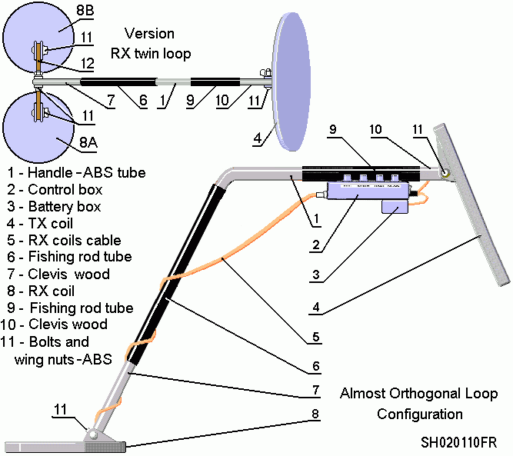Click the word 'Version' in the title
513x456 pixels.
(149, 34)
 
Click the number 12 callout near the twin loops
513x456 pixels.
(88, 62)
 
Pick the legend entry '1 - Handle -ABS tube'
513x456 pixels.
(75, 172)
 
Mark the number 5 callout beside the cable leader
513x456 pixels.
(318, 337)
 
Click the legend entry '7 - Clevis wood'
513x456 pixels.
(58, 274)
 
